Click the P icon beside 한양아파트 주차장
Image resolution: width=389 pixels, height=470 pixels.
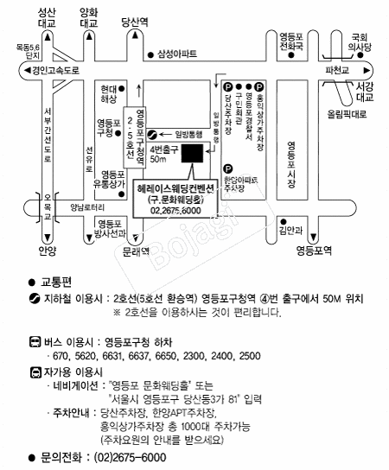(x=227, y=168)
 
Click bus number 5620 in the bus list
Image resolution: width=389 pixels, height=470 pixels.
(x=90, y=355)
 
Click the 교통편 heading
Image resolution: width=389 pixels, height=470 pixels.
(x=57, y=283)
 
